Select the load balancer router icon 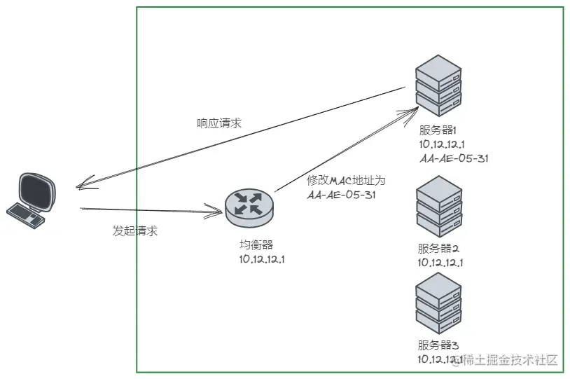249,205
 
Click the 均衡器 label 256,244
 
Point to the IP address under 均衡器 262,259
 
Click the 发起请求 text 135,231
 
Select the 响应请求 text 219,123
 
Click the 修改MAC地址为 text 346,180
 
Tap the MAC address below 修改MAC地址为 341,195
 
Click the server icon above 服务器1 438,86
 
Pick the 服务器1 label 438,130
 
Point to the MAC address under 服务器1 454,158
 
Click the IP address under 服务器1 442,144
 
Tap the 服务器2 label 438,249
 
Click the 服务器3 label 438,345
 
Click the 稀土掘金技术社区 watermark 510,360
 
